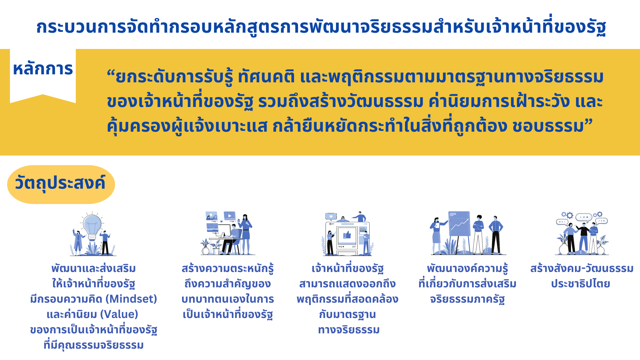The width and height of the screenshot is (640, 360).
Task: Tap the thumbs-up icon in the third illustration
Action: tap(347, 235)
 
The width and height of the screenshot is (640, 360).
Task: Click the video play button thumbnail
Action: tap(230, 216)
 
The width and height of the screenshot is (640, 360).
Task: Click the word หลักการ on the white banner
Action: tap(43, 69)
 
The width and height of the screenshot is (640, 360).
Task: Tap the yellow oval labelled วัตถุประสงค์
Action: tap(61, 184)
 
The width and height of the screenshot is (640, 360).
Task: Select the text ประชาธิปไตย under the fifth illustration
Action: tap(581, 284)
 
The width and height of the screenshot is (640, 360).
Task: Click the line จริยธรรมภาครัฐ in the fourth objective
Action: tap(467, 299)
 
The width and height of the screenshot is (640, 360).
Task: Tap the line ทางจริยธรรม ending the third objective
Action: tap(349, 330)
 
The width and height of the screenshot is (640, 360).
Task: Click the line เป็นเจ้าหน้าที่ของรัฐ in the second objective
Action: tap(228, 314)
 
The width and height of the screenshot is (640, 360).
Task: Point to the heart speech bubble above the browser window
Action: tap(331, 217)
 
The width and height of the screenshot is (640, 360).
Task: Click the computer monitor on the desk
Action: tap(224, 231)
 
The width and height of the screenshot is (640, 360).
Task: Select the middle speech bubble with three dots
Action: tap(584, 218)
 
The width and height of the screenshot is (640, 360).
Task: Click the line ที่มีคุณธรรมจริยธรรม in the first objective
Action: tap(94, 345)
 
